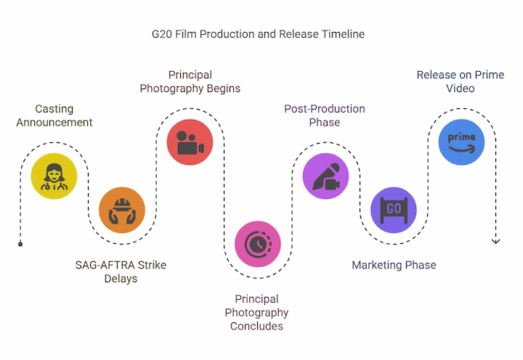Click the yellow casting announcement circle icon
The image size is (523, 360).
(54, 176)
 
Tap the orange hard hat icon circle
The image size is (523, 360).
(122, 210)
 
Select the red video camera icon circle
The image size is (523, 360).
(190, 142)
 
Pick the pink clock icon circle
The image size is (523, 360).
(258, 244)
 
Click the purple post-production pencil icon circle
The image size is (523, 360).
(326, 176)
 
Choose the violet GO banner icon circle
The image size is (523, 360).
(394, 210)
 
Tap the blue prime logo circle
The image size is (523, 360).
(462, 142)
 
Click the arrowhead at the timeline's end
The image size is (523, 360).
(495, 242)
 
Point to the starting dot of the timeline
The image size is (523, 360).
(20, 244)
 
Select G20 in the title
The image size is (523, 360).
(162, 34)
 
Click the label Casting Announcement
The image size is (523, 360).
(54, 115)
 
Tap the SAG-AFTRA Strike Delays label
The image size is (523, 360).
(121, 271)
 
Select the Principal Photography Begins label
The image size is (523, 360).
(190, 82)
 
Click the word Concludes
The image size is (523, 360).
(256, 326)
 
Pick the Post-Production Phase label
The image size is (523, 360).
(325, 115)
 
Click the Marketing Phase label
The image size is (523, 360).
(394, 265)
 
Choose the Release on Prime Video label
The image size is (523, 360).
(461, 82)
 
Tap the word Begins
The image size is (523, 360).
(224, 89)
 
